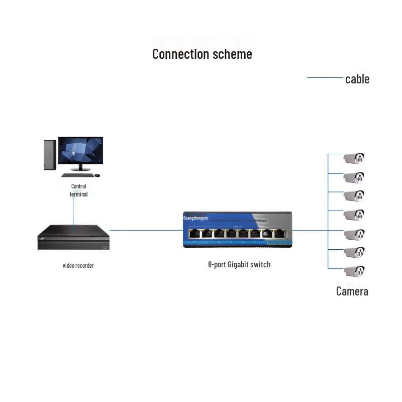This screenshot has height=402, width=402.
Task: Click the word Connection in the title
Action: coord(177,54)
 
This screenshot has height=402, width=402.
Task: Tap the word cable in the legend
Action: coord(357,79)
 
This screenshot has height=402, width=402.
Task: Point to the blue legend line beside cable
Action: coord(325,78)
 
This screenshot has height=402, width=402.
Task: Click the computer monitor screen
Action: coord(80,150)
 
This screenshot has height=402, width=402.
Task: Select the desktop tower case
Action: coord(49,155)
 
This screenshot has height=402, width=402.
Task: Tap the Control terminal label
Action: coord(78,190)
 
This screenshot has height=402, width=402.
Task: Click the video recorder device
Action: coord(73,237)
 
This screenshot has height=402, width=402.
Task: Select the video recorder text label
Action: coord(78,265)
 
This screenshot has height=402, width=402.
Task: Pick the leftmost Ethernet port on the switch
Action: coord(194,233)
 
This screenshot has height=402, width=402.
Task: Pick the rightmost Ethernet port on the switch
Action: coord(279,233)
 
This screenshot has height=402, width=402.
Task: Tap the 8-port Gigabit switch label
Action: coord(239,264)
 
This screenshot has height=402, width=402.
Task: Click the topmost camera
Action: coord(354,158)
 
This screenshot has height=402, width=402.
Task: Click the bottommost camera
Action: coord(354,271)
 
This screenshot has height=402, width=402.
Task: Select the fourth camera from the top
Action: coord(354,215)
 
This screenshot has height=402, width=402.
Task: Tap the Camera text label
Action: coord(352,291)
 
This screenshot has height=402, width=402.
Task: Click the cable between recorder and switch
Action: coord(146,230)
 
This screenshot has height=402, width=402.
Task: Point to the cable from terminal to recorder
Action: coord(73,211)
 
